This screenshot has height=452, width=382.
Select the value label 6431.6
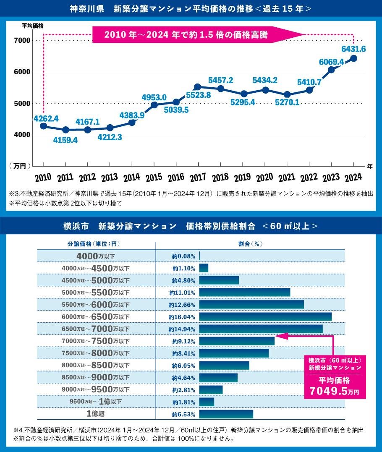point(353,49)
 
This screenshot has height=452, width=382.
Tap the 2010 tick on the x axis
point(43,178)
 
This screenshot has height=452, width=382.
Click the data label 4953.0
point(154,97)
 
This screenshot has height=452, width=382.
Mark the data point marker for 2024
point(353,58)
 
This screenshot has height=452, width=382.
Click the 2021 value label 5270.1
point(287,102)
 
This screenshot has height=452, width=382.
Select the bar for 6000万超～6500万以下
point(265,317)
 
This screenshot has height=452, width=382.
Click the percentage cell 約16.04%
point(182,317)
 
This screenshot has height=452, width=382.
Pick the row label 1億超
point(96,413)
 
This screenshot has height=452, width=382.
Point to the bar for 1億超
point(226,414)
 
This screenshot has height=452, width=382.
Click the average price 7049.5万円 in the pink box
point(335,391)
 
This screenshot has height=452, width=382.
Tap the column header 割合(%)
point(250,244)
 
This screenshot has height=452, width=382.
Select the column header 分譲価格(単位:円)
point(96,244)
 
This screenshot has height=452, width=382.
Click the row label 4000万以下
point(96,256)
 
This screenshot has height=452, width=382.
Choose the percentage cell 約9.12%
point(183,341)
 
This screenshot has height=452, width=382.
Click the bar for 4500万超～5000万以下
point(219,280)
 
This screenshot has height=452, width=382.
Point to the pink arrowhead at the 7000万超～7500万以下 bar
point(279,336)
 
